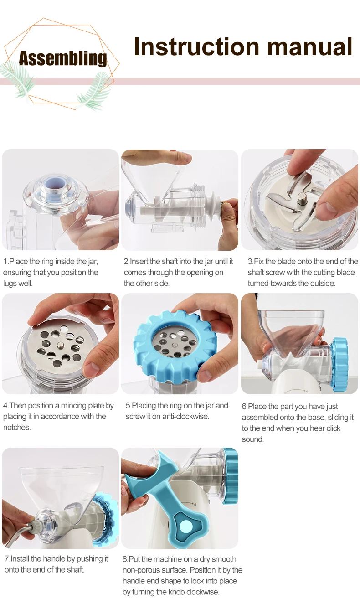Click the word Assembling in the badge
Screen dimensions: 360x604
tap(63, 59)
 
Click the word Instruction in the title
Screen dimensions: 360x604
tap(196, 46)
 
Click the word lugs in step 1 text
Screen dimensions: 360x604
tap(10, 284)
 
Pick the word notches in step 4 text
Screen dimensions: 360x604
tap(16, 428)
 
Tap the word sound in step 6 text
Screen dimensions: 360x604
tap(253, 439)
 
